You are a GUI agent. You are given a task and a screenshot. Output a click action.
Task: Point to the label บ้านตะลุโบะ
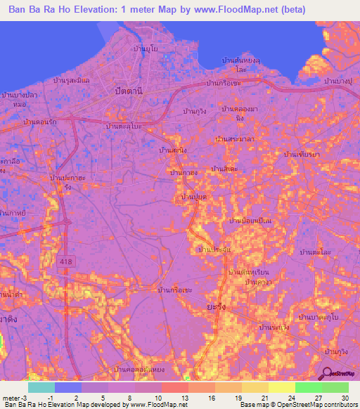coord(124,126)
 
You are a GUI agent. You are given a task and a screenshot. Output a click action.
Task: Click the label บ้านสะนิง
coord(173,150)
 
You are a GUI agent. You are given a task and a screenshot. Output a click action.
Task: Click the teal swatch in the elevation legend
coord(41,387)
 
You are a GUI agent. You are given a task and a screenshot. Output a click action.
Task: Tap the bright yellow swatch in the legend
coord(281,387)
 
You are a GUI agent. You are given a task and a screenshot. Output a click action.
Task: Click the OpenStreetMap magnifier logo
coord(328,374)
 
